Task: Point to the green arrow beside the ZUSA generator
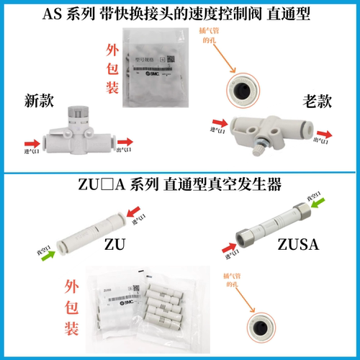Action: (x=330, y=211)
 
